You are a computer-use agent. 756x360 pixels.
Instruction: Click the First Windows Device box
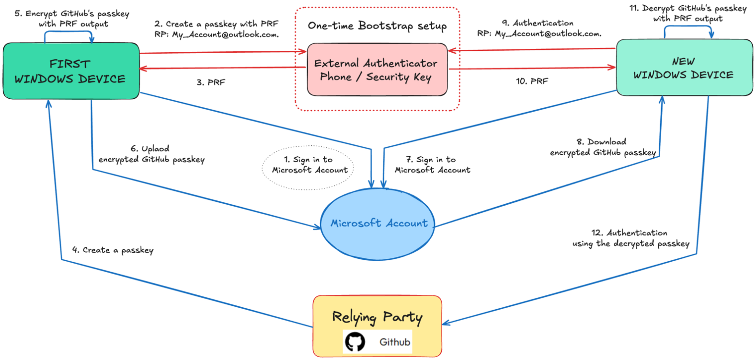[x=71, y=71]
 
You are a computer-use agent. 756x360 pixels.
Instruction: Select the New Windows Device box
[x=684, y=68]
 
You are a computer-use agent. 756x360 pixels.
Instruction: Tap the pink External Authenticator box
[x=377, y=70]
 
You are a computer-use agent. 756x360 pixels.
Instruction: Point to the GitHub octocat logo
[x=355, y=342]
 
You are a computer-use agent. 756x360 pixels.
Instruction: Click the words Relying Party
[x=377, y=317]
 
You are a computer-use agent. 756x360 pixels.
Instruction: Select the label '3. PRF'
[x=211, y=82]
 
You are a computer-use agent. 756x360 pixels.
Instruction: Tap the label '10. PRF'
[x=532, y=81]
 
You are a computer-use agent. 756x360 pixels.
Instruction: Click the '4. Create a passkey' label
[x=113, y=250]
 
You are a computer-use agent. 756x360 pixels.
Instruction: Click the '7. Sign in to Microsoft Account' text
[x=432, y=165]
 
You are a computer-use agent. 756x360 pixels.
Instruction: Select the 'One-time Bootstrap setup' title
[x=377, y=26]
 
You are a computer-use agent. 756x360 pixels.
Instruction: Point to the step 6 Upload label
[x=151, y=154]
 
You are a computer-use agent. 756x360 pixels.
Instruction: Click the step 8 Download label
[x=602, y=147]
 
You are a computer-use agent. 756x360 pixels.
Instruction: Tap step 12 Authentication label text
[x=630, y=238]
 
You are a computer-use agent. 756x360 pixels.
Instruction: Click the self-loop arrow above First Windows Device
[x=68, y=32]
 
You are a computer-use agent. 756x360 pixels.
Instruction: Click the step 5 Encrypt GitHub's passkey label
[x=72, y=19]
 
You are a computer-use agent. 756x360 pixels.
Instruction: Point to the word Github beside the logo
[x=395, y=342]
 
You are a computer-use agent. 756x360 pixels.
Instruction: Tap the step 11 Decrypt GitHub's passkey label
[x=687, y=13]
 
